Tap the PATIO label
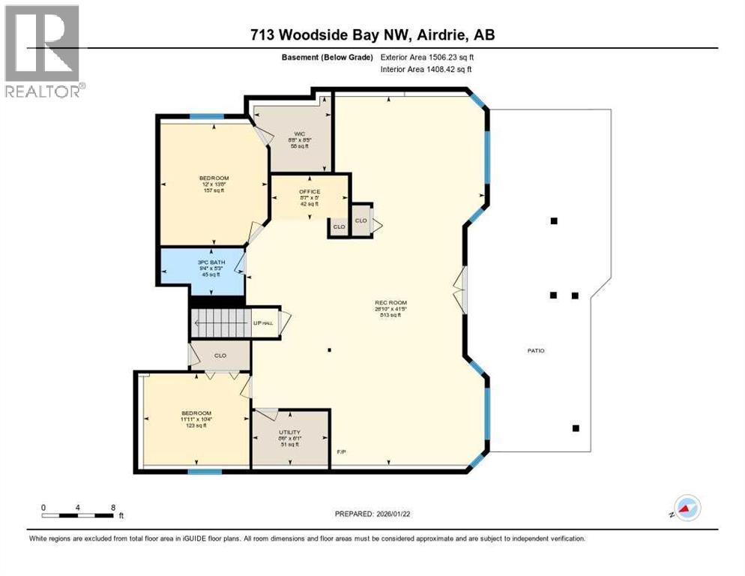point(535,350)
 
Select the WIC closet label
point(299,133)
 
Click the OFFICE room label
point(310,192)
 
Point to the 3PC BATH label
point(203,262)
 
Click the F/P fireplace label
point(342,452)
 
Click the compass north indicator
point(687,508)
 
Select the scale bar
point(78,514)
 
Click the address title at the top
point(372,35)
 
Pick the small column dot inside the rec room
point(329,349)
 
